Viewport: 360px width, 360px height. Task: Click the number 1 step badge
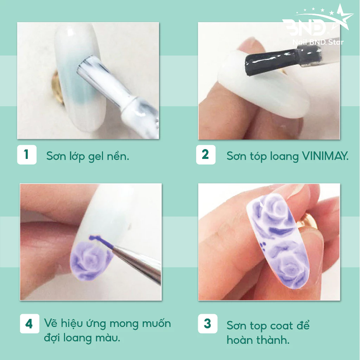pyautogui.click(x=27, y=155)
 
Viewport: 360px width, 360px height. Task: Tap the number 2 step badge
pyautogui.click(x=206, y=155)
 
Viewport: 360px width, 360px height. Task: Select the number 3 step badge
pyautogui.click(x=207, y=323)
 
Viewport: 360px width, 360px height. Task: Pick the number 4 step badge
pyautogui.click(x=30, y=323)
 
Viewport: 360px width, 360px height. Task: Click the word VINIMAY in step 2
pyautogui.click(x=325, y=156)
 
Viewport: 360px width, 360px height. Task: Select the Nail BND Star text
pyautogui.click(x=318, y=42)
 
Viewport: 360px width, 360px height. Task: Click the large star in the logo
pyautogui.click(x=342, y=18)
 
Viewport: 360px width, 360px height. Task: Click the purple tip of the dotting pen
pyautogui.click(x=101, y=242)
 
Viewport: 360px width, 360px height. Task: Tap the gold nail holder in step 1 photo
pyautogui.click(x=58, y=87)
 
